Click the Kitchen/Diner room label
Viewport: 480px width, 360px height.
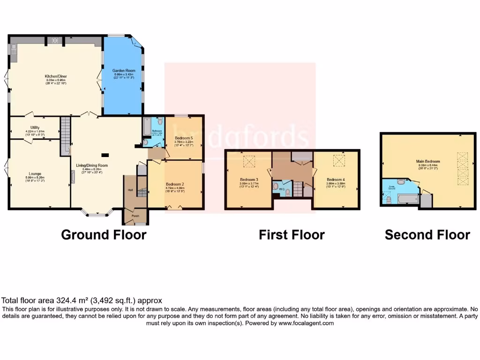54,75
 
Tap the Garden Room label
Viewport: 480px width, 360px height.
123,70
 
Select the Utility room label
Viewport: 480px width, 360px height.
35,127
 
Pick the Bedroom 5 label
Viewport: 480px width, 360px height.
183,138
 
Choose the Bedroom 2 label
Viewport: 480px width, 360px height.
175,184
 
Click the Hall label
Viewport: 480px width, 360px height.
131,190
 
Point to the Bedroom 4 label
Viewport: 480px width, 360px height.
336,180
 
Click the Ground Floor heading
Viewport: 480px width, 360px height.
104,234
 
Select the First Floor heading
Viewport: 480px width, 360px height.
292,234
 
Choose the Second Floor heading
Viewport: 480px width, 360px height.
427,234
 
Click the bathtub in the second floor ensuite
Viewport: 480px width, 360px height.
406,200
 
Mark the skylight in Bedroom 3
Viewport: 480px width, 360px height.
248,162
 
